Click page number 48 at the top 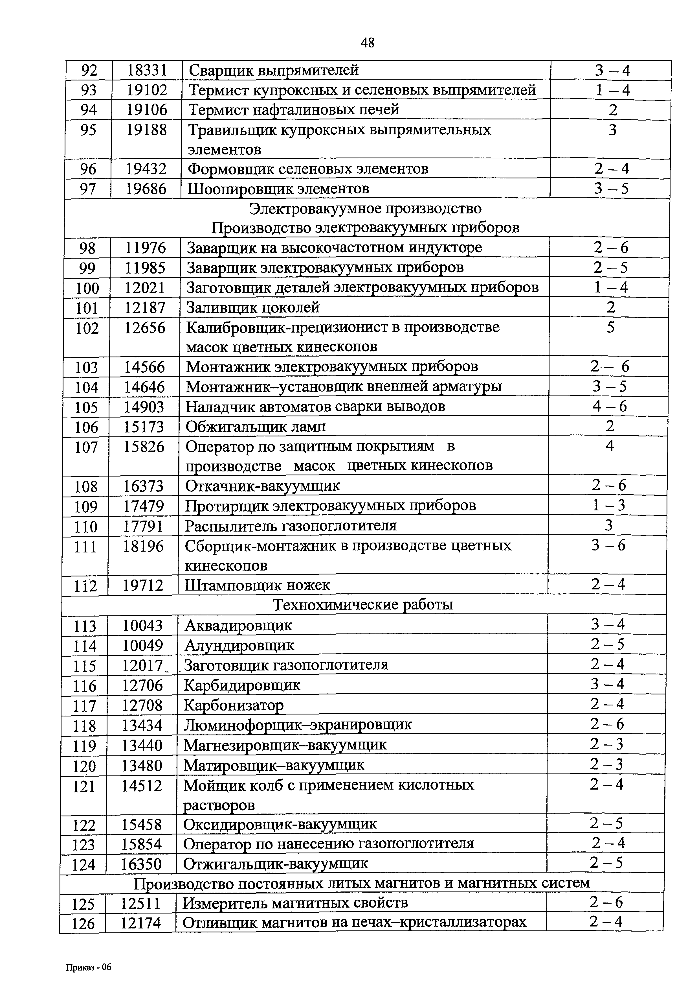pos(367,43)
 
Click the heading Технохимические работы pos(363,605)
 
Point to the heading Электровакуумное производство pos(366,209)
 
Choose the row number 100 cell pos(87,288)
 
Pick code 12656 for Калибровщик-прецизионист pos(145,328)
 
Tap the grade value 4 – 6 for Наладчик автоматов pos(609,406)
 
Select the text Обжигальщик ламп pos(256,427)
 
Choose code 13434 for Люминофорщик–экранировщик pos(142,725)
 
